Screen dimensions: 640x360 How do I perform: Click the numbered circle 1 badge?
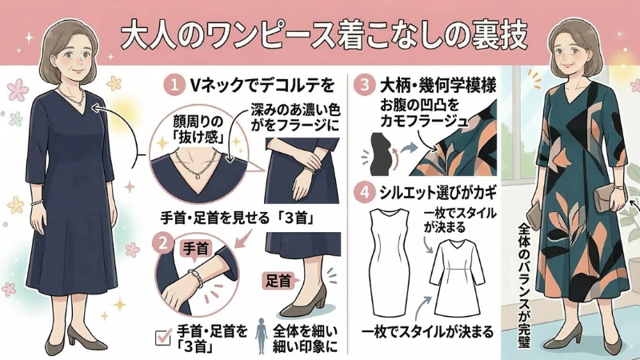pyautogui.click(x=174, y=86)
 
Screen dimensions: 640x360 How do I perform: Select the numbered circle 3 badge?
pyautogui.click(x=365, y=86)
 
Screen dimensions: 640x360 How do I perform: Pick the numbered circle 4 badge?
pyautogui.click(x=365, y=192)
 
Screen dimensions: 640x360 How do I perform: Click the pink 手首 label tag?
pyautogui.click(x=195, y=250)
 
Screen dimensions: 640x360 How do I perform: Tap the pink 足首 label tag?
pyautogui.click(x=279, y=281)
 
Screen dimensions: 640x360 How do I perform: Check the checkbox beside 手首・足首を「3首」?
pyautogui.click(x=163, y=338)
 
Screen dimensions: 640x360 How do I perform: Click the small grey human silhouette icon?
pyautogui.click(x=262, y=336)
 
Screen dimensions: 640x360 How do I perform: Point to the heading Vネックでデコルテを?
pyautogui.click(x=262, y=86)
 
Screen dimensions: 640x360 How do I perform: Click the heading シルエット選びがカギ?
pyautogui.click(x=438, y=192)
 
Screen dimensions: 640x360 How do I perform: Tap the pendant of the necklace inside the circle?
pyautogui.click(x=198, y=177)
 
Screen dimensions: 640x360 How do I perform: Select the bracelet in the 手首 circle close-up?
pyautogui.click(x=195, y=278)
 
